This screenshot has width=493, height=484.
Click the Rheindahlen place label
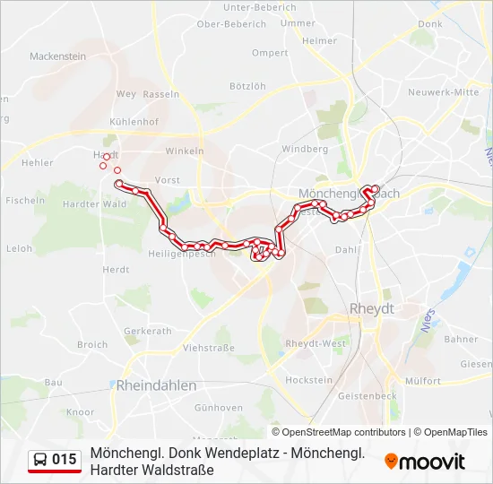point(156,385)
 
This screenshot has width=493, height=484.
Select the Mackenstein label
point(57,56)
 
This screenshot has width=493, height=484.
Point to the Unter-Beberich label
point(259,7)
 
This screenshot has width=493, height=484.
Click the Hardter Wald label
point(95,203)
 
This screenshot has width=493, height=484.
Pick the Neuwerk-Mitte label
point(443,92)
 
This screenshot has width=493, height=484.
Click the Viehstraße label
point(208,347)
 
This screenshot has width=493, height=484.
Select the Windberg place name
point(305,150)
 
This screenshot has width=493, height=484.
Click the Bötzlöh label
point(247,86)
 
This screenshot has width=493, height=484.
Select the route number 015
point(65,460)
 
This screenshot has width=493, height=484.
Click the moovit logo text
point(432,462)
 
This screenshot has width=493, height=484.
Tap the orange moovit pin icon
point(391,461)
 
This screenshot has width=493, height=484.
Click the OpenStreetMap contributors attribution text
point(345,432)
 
